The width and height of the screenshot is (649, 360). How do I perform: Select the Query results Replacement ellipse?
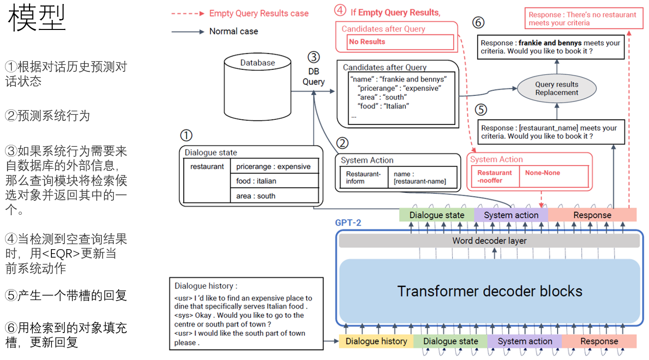point(557,89)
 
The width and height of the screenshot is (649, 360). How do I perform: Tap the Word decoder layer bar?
point(489,241)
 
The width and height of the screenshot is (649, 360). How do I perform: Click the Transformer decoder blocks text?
point(489,291)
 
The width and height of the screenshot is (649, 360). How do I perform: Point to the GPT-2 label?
point(348,223)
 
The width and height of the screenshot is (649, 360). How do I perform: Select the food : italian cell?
point(274,181)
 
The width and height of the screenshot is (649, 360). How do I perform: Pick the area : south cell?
point(274,196)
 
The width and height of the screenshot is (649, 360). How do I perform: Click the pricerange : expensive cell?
point(274,167)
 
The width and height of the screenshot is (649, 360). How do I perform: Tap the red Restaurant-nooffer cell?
point(495,176)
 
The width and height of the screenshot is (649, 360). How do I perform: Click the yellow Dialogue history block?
point(376,342)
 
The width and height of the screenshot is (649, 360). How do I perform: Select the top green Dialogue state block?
point(437,215)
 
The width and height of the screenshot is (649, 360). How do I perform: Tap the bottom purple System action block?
point(525,342)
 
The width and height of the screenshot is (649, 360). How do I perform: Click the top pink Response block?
point(592,215)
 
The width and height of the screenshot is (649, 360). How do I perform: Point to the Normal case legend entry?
point(233,31)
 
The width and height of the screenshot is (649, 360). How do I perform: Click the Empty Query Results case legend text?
point(259,13)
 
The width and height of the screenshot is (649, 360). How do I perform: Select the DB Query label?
point(314,77)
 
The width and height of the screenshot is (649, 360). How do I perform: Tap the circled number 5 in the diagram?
point(480,110)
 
